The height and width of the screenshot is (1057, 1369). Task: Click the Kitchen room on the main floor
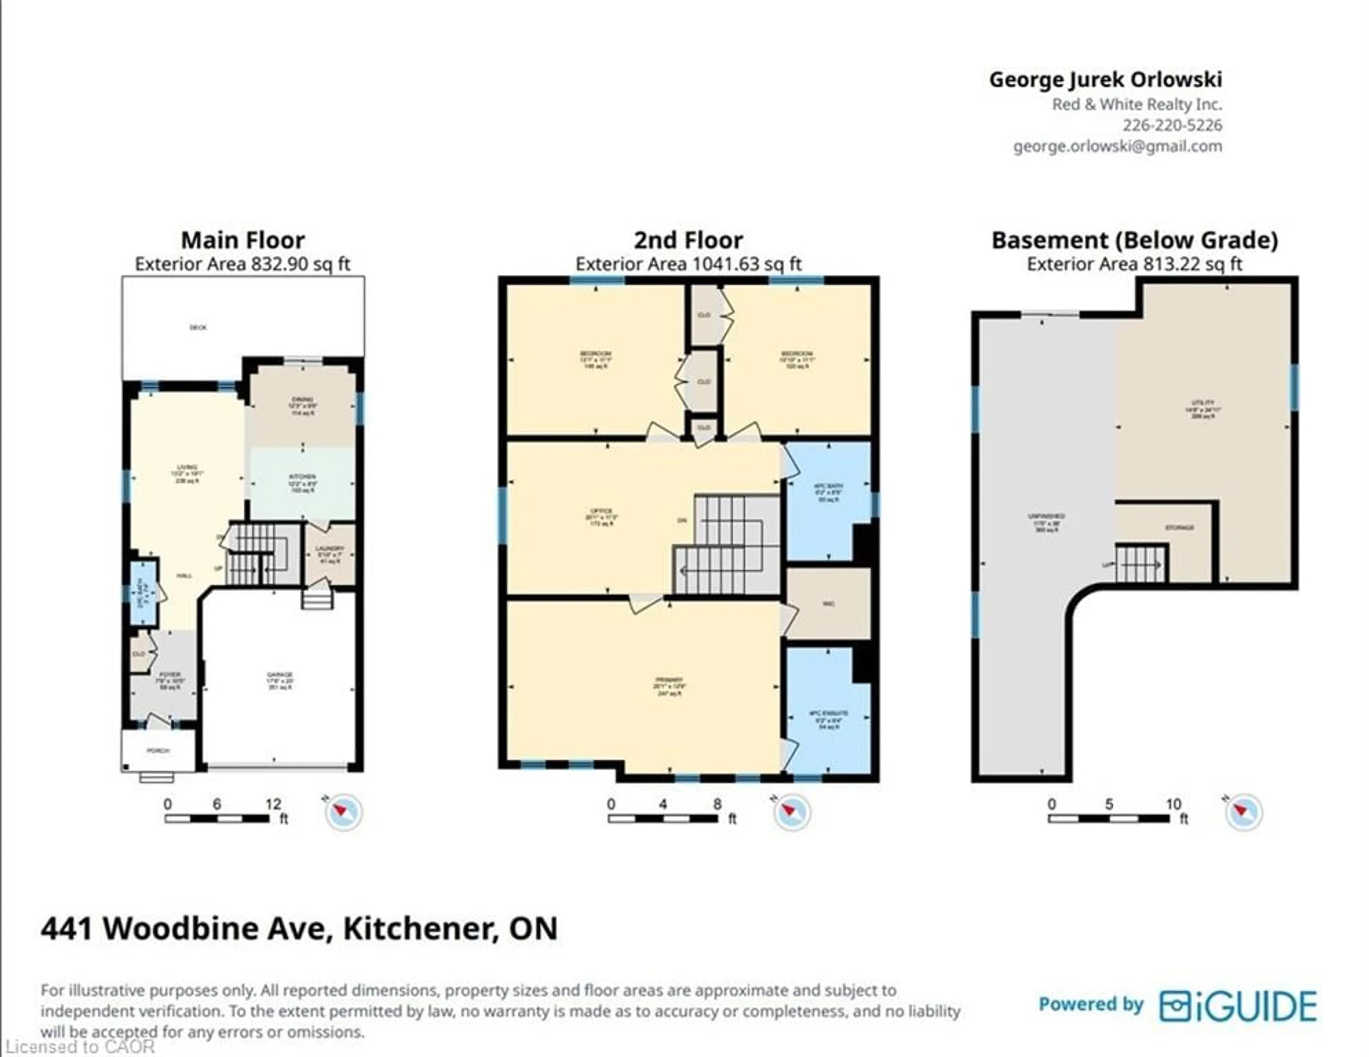302,482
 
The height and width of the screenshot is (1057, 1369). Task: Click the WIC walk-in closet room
829,604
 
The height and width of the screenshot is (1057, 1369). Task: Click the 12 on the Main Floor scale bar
273,804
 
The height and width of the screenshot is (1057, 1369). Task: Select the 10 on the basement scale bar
1173,804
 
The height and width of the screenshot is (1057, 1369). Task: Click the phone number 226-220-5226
1171,125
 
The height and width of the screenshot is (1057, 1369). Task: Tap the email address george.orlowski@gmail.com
1117,147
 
